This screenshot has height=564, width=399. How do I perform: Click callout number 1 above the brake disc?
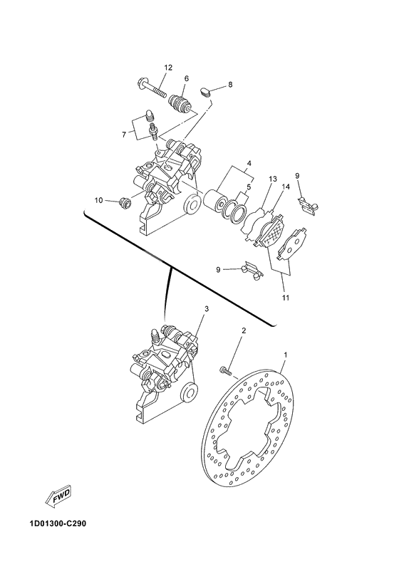(x=286, y=354)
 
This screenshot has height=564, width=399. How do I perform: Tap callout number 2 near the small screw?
(x=243, y=331)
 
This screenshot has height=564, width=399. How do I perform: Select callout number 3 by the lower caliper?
(x=206, y=309)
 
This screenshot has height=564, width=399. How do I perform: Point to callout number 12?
(x=168, y=68)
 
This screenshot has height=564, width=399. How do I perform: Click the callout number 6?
(x=186, y=78)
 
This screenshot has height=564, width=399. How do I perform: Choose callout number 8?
(x=230, y=85)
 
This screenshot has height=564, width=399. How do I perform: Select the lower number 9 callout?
(x=219, y=269)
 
